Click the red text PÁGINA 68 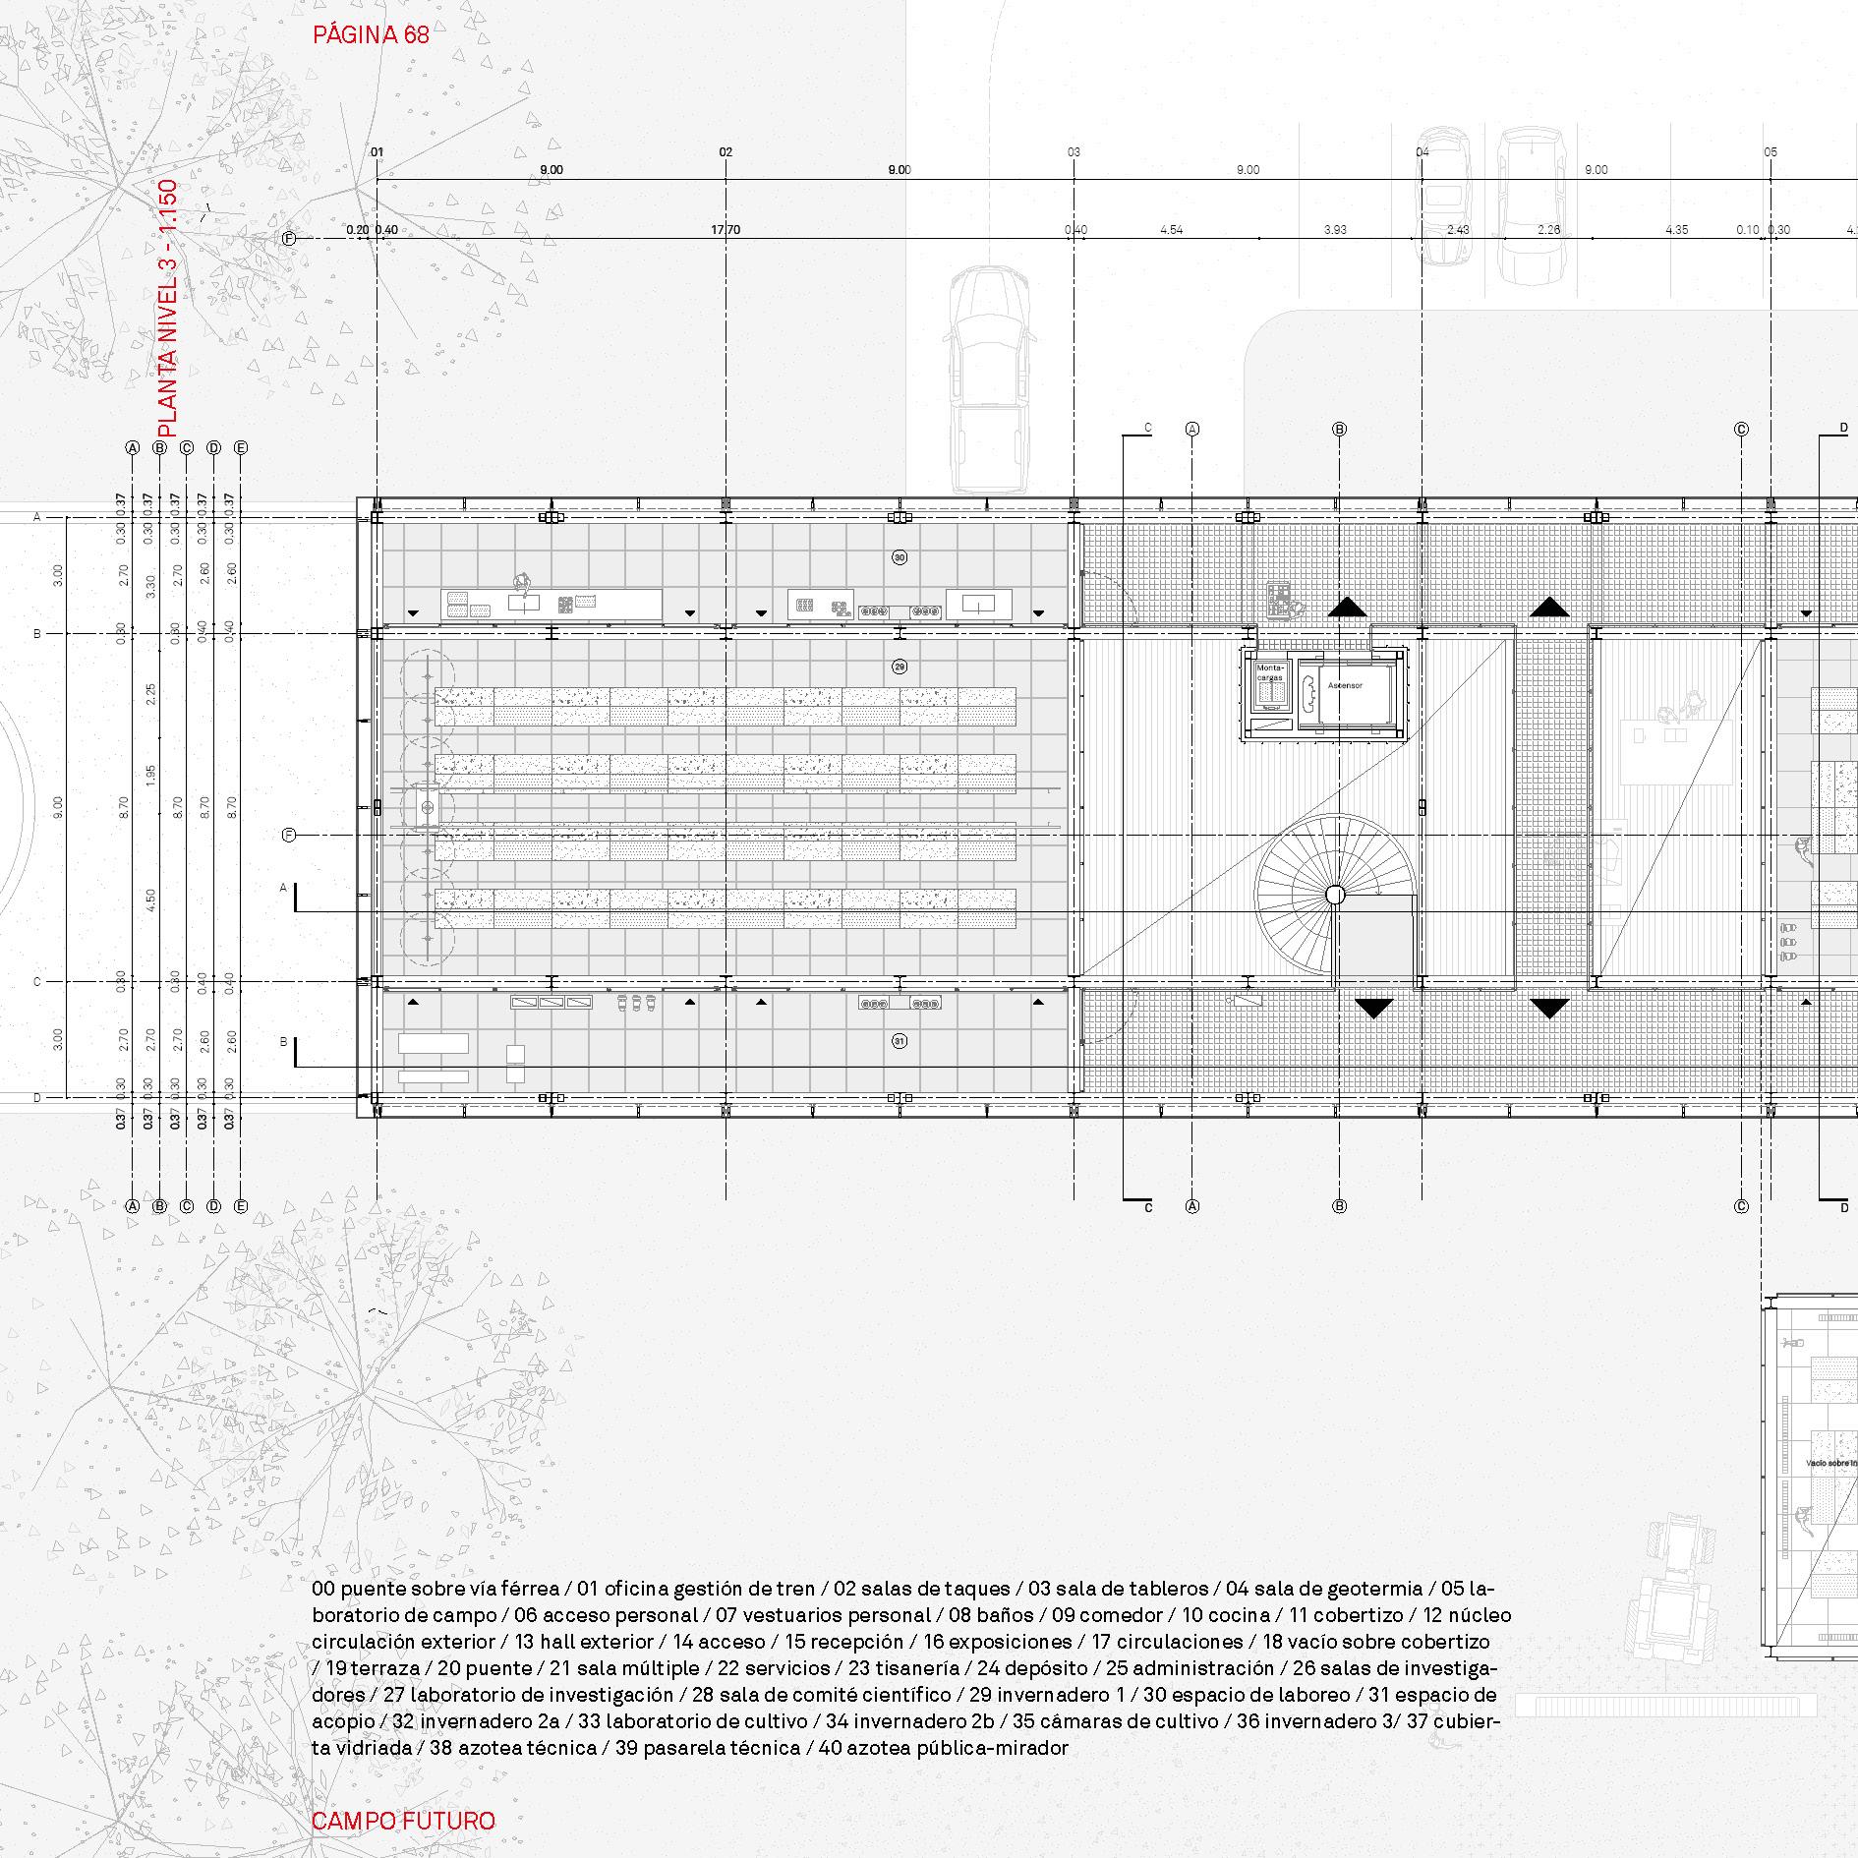[x=371, y=35]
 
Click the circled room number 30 [x=899, y=557]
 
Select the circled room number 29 [x=899, y=667]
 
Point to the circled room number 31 [x=899, y=1040]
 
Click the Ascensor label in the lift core [x=1345, y=685]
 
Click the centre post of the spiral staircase [x=1334, y=894]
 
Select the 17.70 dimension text [x=726, y=230]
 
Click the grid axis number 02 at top [x=726, y=152]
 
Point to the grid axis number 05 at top [x=1771, y=152]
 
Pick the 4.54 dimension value [x=1171, y=230]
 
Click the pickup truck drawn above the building [x=989, y=378]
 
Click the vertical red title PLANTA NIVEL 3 [x=167, y=308]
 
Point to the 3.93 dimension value [x=1334, y=230]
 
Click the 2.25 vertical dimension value [x=150, y=695]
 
